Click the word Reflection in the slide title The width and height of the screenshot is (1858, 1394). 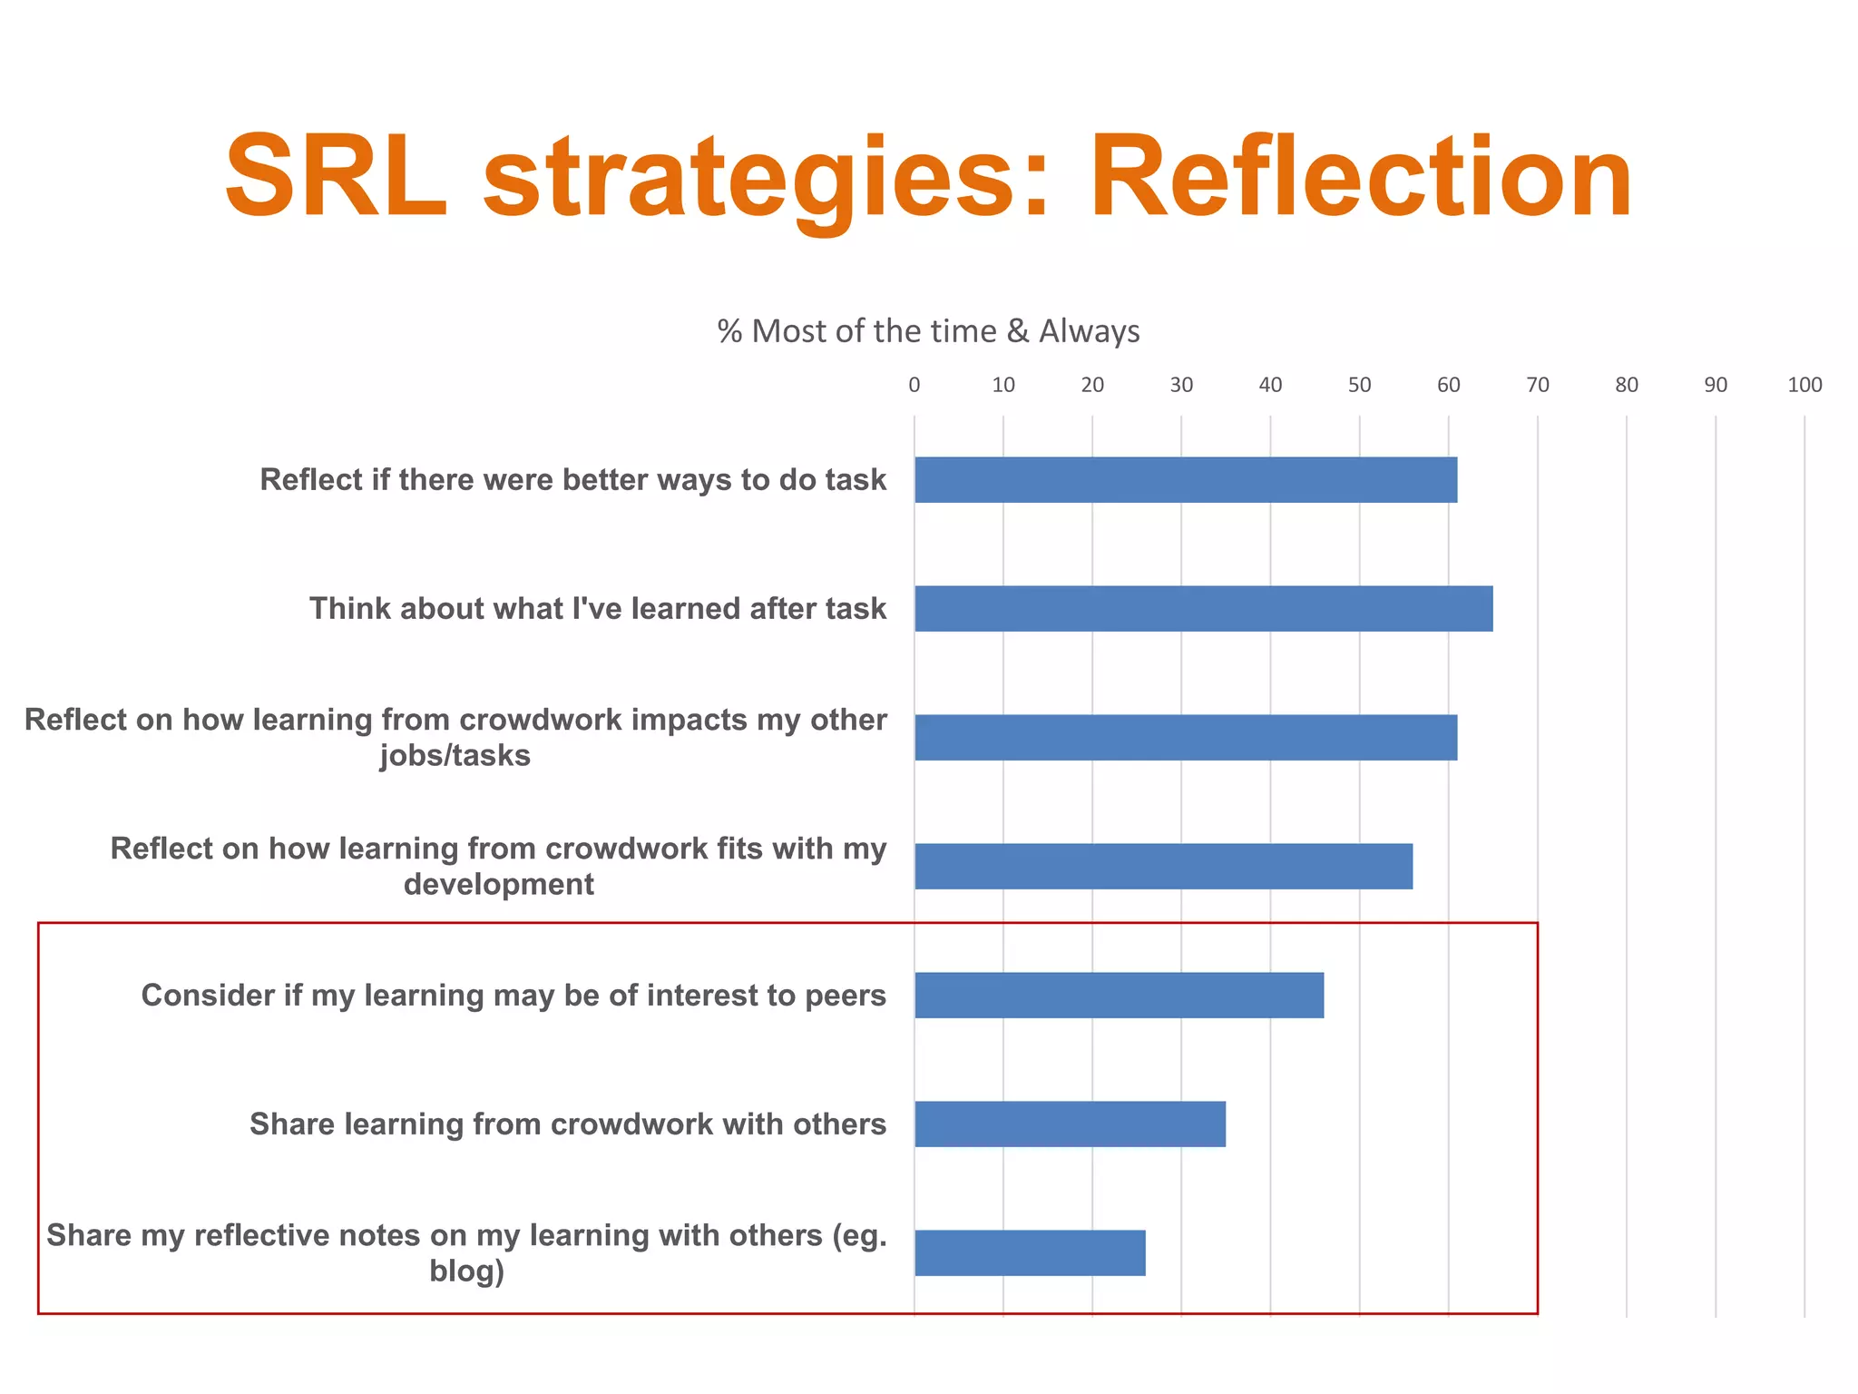[x=1361, y=177]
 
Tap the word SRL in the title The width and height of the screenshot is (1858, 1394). [x=337, y=177]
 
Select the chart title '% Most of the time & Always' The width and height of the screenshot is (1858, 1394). [x=928, y=331]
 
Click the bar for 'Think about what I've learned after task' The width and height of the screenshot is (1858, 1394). [x=1203, y=608]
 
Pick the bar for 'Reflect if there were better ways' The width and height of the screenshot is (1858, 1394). [x=1186, y=479]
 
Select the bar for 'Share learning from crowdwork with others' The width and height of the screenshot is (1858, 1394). [x=1070, y=1124]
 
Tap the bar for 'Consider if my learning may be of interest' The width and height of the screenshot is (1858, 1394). [x=1119, y=995]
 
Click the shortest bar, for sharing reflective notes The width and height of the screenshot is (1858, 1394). [x=1030, y=1252]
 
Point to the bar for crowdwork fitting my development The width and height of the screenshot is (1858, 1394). [x=1163, y=866]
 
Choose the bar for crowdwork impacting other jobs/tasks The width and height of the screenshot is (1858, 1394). [x=1186, y=737]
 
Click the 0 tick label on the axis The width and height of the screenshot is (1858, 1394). [x=914, y=385]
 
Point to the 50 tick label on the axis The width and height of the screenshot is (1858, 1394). [x=1359, y=385]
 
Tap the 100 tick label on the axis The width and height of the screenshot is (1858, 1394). [x=1804, y=385]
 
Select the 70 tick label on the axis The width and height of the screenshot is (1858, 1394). [x=1538, y=385]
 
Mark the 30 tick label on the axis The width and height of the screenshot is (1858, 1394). [x=1181, y=385]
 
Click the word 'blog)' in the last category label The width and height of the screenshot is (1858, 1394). [x=466, y=1271]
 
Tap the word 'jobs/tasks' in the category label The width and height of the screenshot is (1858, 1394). [x=455, y=755]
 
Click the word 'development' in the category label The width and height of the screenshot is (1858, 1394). [x=499, y=884]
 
